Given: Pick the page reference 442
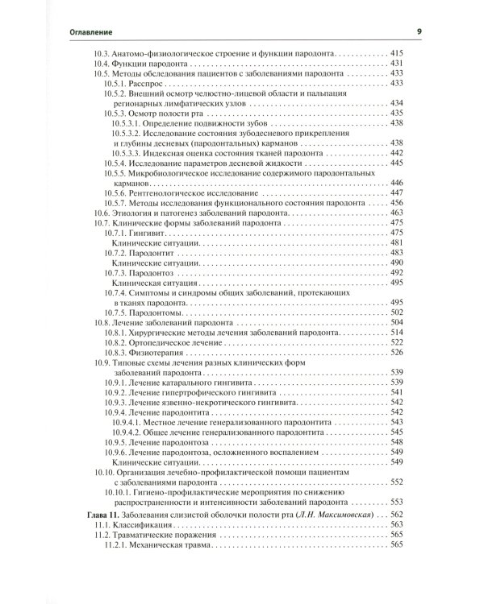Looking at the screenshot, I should (396, 152).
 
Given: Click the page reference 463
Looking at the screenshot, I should (396, 213).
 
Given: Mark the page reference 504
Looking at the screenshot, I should (396, 322).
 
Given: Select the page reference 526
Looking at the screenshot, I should (396, 353).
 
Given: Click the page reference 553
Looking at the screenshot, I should (396, 432).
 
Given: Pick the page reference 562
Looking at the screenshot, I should (396, 513).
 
